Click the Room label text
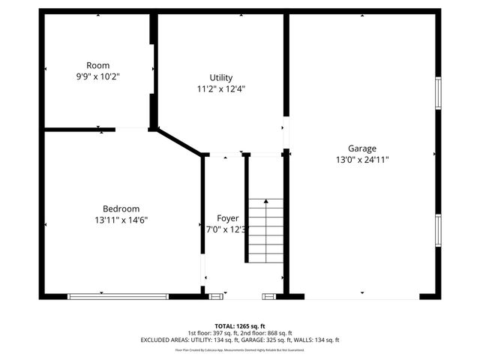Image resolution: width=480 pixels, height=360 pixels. tap(98, 65)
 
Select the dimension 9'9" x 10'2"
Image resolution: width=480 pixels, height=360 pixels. tap(98, 76)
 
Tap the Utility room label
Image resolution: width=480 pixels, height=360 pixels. tap(221, 77)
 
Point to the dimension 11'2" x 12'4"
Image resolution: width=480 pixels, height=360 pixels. tap(221, 88)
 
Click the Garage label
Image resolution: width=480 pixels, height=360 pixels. tap(361, 148)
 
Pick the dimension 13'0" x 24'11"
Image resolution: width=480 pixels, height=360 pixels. tap(361, 159)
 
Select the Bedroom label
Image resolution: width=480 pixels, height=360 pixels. tap(121, 208)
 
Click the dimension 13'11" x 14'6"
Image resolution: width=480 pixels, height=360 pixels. tap(121, 220)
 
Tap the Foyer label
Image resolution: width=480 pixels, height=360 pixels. tap(227, 218)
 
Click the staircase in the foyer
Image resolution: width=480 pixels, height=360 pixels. tap(266, 230)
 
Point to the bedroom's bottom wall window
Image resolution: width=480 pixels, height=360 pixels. tap(118, 296)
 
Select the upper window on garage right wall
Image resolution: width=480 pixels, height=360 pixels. tap(439, 92)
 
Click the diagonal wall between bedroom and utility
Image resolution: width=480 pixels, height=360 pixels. tap(179, 142)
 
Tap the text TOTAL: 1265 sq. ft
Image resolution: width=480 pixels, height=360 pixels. tap(239, 325)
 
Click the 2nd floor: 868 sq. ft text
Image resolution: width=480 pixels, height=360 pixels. tap(264, 332)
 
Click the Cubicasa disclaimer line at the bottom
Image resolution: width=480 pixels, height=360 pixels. tap(239, 349)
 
